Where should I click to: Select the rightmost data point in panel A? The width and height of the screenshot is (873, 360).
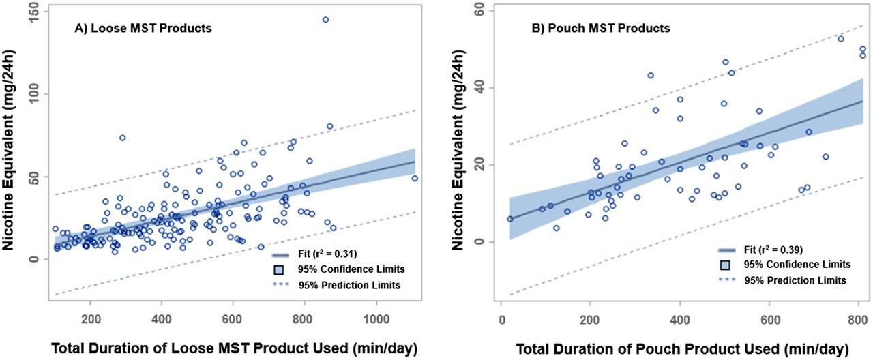point(415,179)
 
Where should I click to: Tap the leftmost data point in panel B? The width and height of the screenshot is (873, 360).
point(509,219)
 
